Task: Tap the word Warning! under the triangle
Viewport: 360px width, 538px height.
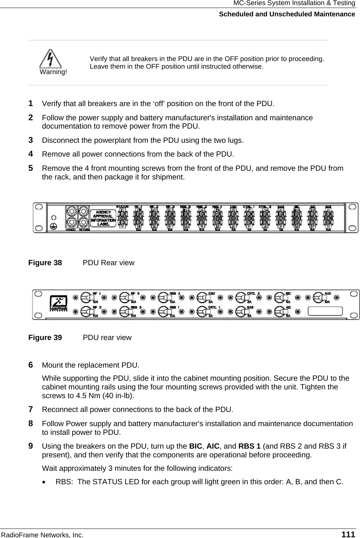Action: pos(53,72)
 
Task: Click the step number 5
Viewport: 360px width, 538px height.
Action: pos(31,168)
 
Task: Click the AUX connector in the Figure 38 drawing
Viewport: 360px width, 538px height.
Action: pos(328,218)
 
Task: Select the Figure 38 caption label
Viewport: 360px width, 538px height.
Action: pos(45,263)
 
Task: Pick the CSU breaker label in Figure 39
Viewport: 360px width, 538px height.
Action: pos(211,293)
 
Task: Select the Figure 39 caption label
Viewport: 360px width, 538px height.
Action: pos(45,337)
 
